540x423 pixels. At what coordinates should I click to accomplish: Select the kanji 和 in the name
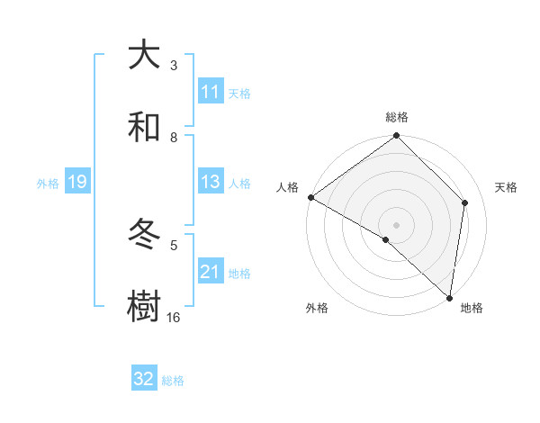pyautogui.click(x=144, y=129)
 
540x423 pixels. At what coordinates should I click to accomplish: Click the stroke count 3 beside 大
pyautogui.click(x=174, y=66)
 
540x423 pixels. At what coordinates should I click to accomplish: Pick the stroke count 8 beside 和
pyautogui.click(x=174, y=138)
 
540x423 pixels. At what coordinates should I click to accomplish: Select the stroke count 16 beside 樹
pyautogui.click(x=174, y=318)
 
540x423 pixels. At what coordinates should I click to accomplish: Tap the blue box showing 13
pyautogui.click(x=211, y=182)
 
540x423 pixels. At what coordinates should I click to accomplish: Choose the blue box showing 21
pyautogui.click(x=211, y=272)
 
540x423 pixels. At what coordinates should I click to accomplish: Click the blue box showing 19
pyautogui.click(x=76, y=182)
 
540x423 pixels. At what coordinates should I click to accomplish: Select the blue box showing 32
pyautogui.click(x=144, y=379)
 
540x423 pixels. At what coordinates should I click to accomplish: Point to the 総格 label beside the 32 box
pyautogui.click(x=173, y=381)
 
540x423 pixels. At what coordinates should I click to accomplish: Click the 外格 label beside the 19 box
pyautogui.click(x=48, y=183)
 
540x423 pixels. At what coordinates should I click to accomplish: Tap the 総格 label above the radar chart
pyautogui.click(x=397, y=117)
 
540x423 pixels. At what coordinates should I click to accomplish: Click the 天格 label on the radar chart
pyautogui.click(x=506, y=187)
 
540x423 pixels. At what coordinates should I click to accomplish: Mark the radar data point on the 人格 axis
pyautogui.click(x=310, y=197)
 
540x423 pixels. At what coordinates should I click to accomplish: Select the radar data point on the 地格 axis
pyautogui.click(x=449, y=297)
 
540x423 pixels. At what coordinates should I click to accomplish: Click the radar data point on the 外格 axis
pyautogui.click(x=386, y=239)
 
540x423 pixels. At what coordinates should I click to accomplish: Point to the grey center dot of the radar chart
pyautogui.click(x=396, y=224)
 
